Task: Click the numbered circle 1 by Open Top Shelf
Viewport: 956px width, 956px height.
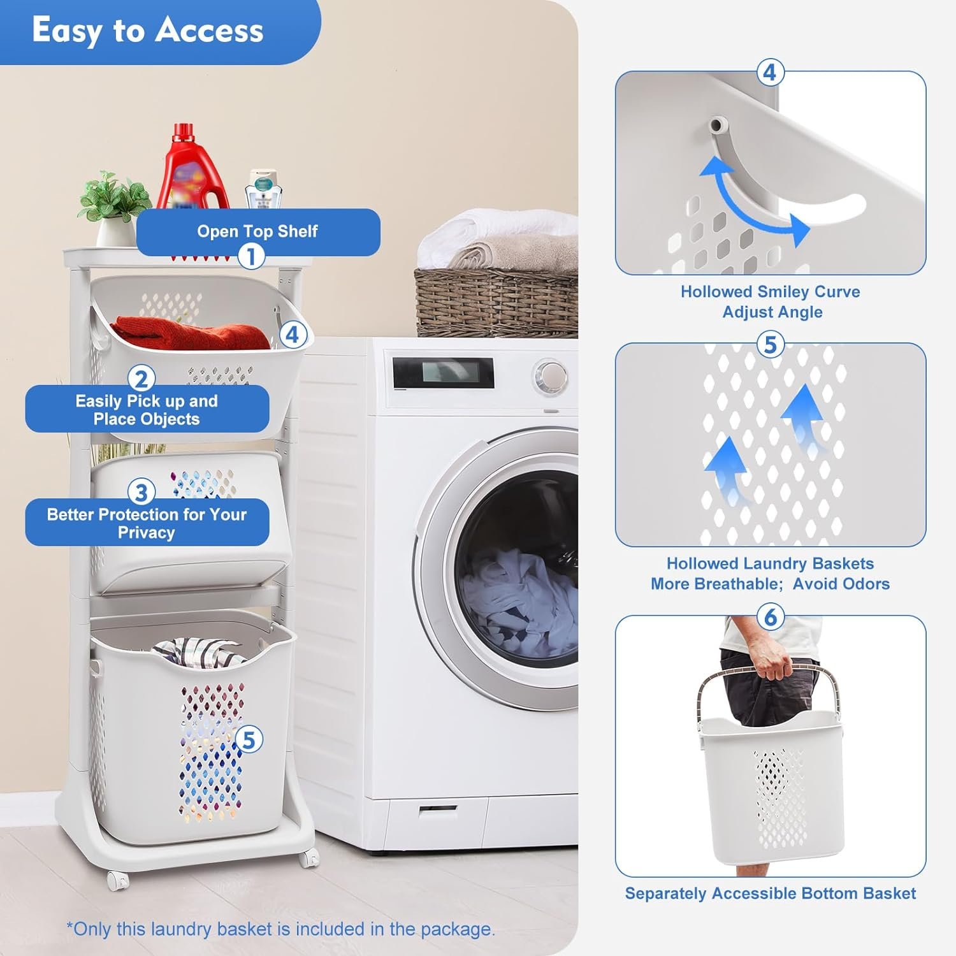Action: pyautogui.click(x=251, y=256)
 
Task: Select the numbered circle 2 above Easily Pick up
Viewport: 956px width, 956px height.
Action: pyautogui.click(x=141, y=379)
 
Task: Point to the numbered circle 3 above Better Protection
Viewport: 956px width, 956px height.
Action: pyautogui.click(x=141, y=492)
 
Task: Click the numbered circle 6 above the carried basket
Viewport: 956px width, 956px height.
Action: pyautogui.click(x=770, y=617)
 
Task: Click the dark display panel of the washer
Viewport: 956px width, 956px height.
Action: pyautogui.click(x=443, y=372)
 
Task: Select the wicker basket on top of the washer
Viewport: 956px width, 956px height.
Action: pyautogui.click(x=496, y=302)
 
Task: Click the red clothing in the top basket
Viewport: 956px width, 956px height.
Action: pyautogui.click(x=191, y=335)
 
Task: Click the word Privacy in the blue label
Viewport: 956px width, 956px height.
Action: pyautogui.click(x=147, y=533)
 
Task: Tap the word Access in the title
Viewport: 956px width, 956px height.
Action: pyautogui.click(x=210, y=31)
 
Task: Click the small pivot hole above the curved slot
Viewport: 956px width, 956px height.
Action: pyautogui.click(x=718, y=123)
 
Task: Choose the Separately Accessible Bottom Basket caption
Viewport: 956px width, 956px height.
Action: pyautogui.click(x=771, y=894)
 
